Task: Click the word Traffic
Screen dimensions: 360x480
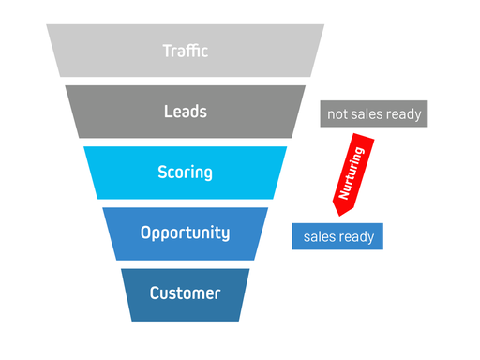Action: [x=185, y=51]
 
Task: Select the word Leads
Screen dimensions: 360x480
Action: [x=185, y=112]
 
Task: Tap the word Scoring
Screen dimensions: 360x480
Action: [x=185, y=172]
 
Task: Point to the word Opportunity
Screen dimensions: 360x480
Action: [x=185, y=232]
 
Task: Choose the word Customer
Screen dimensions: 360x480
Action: [x=185, y=293]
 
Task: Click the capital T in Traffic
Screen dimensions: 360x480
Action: [x=166, y=51]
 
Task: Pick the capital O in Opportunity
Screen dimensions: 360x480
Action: [x=146, y=232]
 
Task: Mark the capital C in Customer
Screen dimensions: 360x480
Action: [x=155, y=293]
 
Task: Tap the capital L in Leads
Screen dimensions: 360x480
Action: [x=168, y=112]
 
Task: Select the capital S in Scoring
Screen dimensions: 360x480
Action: [x=162, y=172]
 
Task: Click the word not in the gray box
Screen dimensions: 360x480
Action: [x=337, y=115]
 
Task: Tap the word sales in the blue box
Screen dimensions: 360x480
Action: [x=318, y=237]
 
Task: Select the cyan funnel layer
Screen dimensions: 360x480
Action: [x=112, y=172]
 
